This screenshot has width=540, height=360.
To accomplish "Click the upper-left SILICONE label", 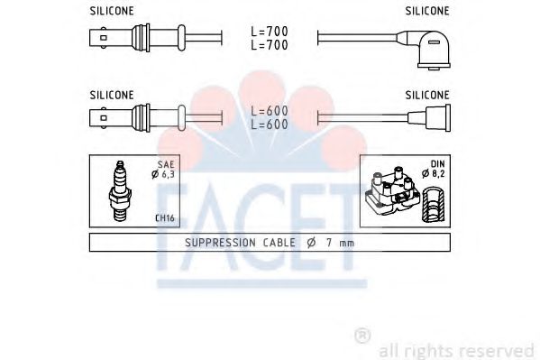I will point(113,11).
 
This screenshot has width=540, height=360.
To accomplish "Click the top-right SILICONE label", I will point(428,11).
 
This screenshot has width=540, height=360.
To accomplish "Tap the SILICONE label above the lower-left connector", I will point(113,94).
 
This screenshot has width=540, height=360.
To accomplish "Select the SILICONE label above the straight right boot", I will point(428,94).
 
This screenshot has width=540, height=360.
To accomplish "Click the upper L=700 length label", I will point(269,31).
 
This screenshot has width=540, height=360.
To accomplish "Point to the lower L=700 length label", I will point(269,43).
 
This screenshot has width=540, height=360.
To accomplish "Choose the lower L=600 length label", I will point(269,125).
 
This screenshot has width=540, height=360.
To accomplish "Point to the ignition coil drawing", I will point(391,191).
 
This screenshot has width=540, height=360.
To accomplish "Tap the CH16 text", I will point(165,217).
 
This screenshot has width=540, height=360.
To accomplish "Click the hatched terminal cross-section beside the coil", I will point(433,203).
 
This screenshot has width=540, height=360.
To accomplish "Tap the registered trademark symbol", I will point(362,336).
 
